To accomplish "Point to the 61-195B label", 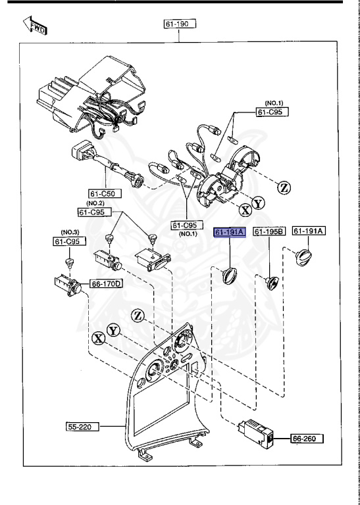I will [269, 232].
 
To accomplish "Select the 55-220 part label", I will [82, 427].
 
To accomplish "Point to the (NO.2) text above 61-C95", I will [93, 204].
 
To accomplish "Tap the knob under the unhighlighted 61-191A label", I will [305, 255].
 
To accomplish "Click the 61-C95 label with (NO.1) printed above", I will [272, 112].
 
